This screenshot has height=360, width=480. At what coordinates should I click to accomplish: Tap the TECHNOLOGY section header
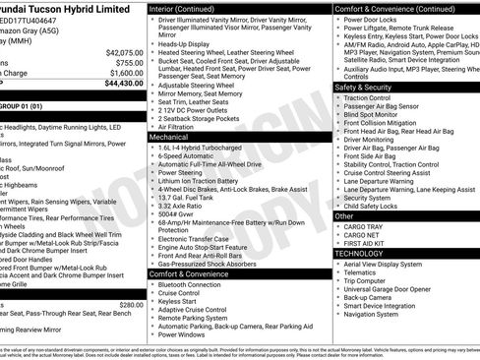click(x=358, y=253)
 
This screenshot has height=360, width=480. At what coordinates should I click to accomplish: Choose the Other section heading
click(x=345, y=215)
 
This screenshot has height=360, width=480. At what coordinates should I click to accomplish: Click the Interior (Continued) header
click(x=189, y=8)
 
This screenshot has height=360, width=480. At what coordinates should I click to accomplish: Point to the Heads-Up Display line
click(x=184, y=44)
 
